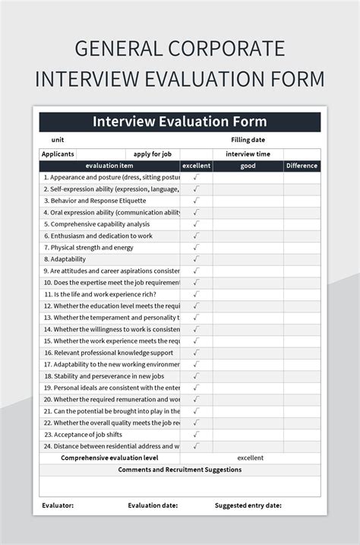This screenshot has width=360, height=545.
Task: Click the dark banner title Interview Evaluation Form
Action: (179, 122)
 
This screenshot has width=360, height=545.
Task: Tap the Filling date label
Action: (248, 140)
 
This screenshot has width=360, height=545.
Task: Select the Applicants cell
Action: (58, 154)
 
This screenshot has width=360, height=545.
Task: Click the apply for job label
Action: (152, 154)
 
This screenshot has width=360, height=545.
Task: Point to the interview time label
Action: (248, 154)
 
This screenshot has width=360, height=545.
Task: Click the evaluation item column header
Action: (109, 166)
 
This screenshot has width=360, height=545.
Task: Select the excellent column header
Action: (196, 166)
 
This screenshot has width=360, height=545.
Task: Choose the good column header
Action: (248, 166)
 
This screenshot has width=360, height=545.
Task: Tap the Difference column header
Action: (302, 166)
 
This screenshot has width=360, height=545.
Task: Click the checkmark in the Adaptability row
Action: (196, 259)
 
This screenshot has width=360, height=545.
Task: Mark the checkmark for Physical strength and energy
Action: (196, 248)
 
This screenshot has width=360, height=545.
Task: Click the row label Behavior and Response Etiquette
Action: (94, 201)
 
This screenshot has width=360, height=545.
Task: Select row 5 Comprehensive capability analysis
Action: (96, 224)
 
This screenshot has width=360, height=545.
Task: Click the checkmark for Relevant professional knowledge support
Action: (196, 353)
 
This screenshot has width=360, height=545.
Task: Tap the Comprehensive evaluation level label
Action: (109, 458)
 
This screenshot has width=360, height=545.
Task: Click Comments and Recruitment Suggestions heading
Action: (179, 470)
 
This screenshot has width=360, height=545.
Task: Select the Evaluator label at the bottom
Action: (58, 505)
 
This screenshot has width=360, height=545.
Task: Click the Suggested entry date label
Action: (248, 505)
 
